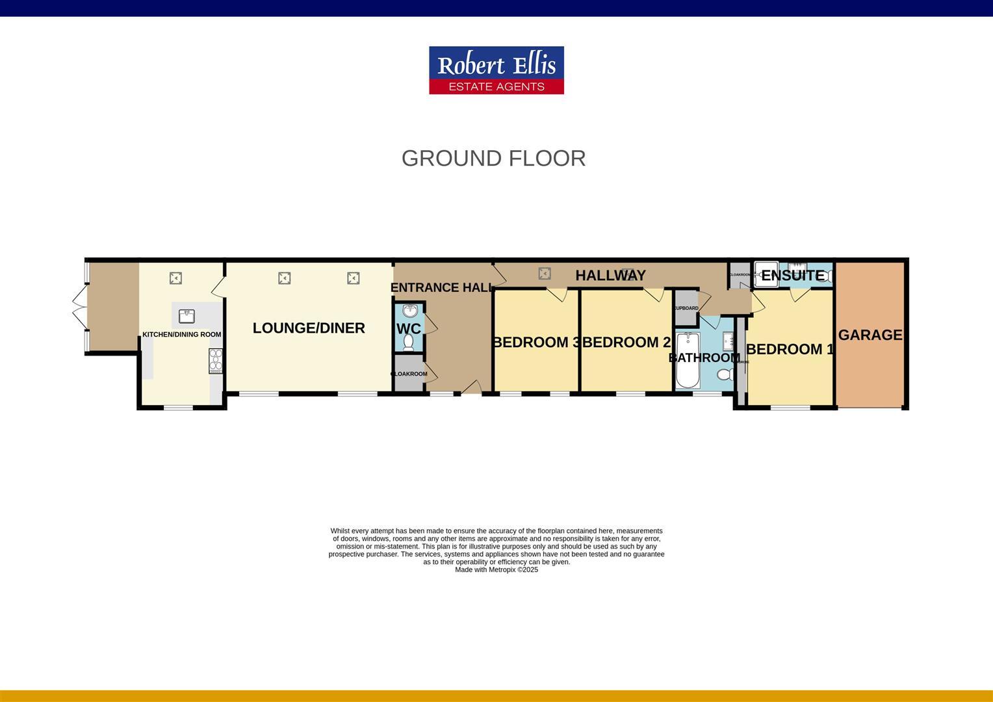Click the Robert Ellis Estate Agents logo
pos(496,70)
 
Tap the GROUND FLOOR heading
pos(493,158)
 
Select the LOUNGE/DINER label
pos(309,328)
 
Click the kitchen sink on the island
pos(187,316)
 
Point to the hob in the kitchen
pos(215,361)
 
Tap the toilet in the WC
pos(409,342)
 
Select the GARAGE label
pos(870,335)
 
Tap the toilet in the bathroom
pos(725,374)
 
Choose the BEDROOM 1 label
pos(790,350)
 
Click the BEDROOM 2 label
pos(626,343)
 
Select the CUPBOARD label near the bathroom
pos(686,308)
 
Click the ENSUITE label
pos(793,276)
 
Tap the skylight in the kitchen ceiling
pos(175,278)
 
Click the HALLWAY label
pos(610,276)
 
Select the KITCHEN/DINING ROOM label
pos(181,335)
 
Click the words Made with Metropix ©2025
pos(496,570)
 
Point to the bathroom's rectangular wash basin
pos(728,341)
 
